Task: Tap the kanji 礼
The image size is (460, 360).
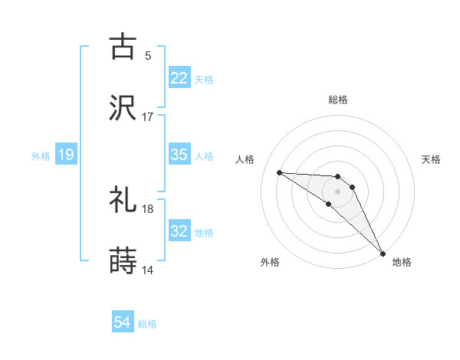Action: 123,200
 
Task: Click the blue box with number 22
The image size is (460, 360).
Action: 179,77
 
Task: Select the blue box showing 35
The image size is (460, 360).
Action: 179,155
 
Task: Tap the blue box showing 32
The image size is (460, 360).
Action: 179,231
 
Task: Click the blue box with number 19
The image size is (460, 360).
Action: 66,155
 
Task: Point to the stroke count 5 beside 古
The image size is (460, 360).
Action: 148,55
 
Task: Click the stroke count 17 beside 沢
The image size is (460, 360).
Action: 148,118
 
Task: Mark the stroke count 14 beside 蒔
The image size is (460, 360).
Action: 148,270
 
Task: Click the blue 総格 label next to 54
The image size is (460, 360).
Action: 147,324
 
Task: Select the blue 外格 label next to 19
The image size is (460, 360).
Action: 41,155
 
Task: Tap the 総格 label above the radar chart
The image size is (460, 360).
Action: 338,100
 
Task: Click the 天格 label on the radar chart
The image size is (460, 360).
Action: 431,159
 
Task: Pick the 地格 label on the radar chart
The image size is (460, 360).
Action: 402,262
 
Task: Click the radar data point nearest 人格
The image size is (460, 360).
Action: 280,172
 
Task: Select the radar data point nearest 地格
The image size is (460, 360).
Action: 382,252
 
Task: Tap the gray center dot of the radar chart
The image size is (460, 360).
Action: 338,191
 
